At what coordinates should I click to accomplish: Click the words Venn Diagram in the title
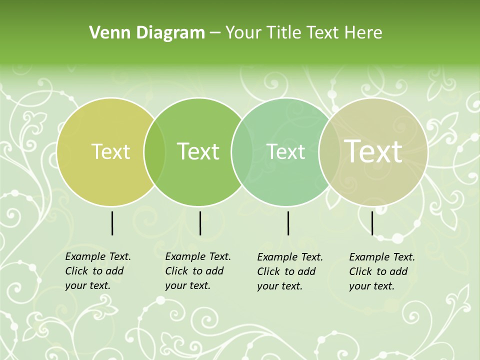147,33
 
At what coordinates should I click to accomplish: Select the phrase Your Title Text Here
303,33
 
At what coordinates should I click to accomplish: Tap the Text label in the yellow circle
110,151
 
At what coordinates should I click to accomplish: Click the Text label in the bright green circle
198,151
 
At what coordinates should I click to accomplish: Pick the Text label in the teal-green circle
286,151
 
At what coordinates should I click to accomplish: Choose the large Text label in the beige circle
373,151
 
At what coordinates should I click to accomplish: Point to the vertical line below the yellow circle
112,223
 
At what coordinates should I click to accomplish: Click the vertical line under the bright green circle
200,223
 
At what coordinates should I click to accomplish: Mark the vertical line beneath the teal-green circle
288,223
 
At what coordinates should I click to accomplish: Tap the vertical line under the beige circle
372,223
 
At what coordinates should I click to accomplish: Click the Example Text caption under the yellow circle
98,271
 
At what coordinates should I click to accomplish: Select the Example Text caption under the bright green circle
198,271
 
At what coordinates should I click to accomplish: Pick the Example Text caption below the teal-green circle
290,271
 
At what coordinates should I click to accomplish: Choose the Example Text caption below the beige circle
382,271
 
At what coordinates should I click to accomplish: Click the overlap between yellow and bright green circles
154,151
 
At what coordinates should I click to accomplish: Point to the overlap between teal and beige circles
327,151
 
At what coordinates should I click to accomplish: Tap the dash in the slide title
215,33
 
